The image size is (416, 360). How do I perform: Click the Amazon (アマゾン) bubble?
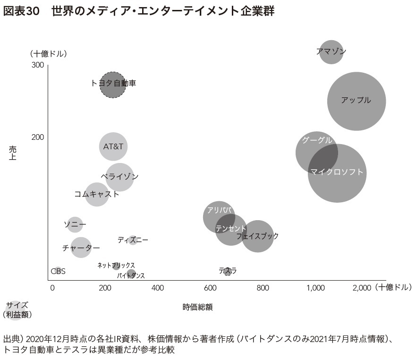[x=331, y=51]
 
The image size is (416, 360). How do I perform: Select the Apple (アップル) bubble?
[x=356, y=101]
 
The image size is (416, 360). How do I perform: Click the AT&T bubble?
[x=113, y=146]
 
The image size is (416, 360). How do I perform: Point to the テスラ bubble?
[x=228, y=271]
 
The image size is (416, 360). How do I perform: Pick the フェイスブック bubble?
[x=258, y=236]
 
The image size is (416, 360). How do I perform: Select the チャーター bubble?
[x=81, y=248]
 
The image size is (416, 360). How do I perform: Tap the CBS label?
[x=58, y=271]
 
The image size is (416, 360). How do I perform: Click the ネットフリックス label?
[x=116, y=266]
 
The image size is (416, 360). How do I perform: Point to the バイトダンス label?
[x=131, y=275]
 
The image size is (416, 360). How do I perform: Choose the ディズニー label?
[x=133, y=240]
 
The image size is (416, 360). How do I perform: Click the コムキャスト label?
[x=97, y=194]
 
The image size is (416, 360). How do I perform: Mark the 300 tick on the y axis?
[x=38, y=65]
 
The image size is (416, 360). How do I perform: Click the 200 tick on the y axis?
[x=38, y=137]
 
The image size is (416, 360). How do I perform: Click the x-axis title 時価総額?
[x=197, y=307]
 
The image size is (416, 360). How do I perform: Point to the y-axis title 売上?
[x=13, y=153]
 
